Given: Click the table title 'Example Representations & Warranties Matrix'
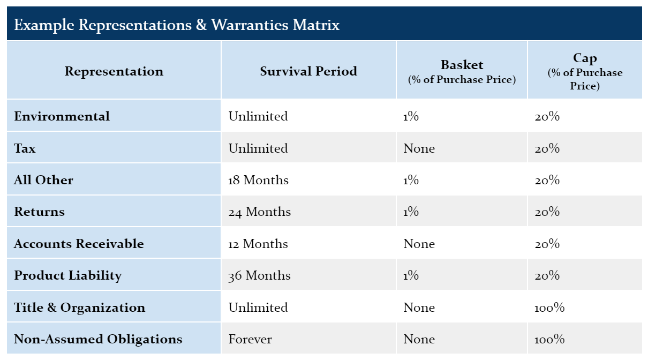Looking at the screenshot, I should tap(177, 25).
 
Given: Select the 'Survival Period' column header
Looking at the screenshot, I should tap(308, 71).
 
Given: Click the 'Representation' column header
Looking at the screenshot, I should tap(114, 71).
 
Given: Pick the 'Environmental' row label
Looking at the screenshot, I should tap(62, 116).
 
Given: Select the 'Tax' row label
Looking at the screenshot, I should tap(25, 148).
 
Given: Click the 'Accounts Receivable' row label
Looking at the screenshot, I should tap(79, 244).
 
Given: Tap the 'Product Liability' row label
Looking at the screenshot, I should tap(68, 275).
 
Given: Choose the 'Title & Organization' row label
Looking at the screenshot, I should tap(80, 307).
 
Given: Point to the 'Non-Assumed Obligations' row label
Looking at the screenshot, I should tap(98, 339).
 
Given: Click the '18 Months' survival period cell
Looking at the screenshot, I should tap(259, 180).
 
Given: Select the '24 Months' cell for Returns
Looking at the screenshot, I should tap(260, 212).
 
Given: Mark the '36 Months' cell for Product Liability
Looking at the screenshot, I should tap(260, 275).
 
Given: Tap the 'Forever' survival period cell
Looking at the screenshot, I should tap(250, 339).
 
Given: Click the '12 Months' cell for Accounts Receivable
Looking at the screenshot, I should tap(258, 244).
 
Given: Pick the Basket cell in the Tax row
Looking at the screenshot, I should tap(419, 148).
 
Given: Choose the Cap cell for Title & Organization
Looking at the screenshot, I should tap(549, 307).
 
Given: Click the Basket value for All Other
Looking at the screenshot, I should tap(411, 180).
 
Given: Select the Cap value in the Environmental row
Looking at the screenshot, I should tap(547, 116).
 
